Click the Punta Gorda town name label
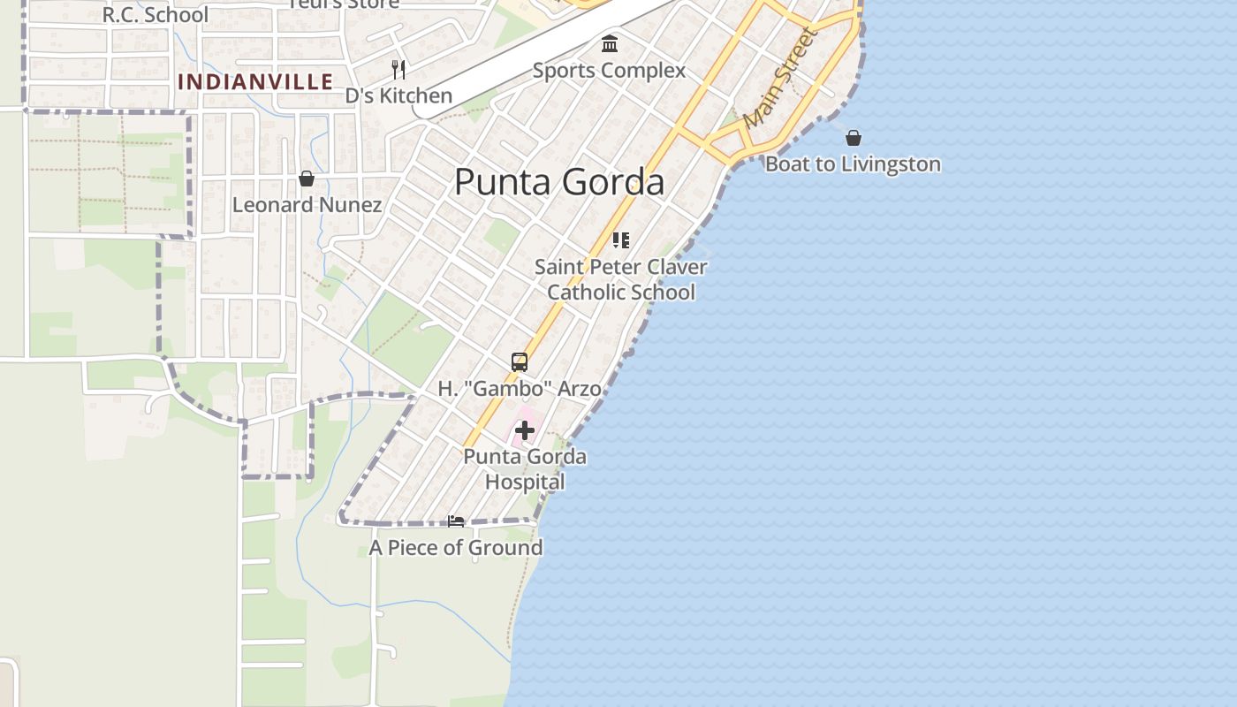pos(558,182)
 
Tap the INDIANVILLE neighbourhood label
pos(255,82)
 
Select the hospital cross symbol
pos(525,430)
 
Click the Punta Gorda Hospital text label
pos(525,469)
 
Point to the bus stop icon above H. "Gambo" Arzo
pos(520,361)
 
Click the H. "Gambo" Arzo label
pos(520,388)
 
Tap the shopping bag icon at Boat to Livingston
pos(854,138)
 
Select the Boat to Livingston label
pos(853,164)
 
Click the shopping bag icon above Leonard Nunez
pos(307,179)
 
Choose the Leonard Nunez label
pos(307,205)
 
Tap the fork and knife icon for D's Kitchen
pos(398,69)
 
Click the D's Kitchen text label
pos(398,95)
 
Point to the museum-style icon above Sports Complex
pos(609,43)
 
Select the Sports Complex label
pos(609,71)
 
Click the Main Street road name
pos(780,78)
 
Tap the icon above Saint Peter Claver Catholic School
pos(621,239)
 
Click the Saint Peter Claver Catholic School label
pos(621,279)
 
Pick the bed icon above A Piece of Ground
pos(456,521)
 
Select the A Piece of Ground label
pos(456,548)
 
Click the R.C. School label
pos(156,15)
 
